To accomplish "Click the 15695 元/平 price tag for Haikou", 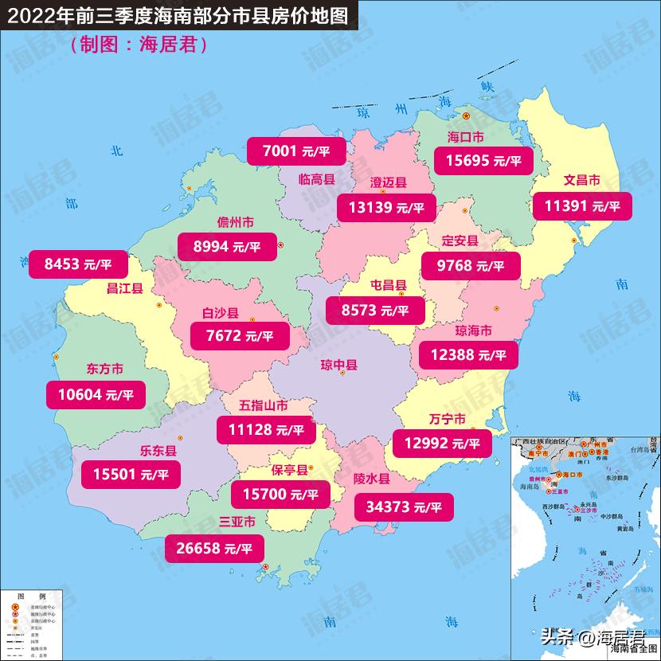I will [483, 160].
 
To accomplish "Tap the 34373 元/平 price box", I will [404, 506].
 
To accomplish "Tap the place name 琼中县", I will [339, 366].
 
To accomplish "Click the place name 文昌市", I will [581, 180].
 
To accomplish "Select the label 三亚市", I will [237, 522].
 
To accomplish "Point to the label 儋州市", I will [236, 222].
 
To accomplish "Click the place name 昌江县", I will [124, 288].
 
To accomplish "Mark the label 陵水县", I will [371, 479].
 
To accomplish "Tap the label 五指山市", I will [264, 405].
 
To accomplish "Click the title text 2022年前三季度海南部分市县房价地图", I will [178, 16].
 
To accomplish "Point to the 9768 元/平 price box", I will [471, 265].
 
